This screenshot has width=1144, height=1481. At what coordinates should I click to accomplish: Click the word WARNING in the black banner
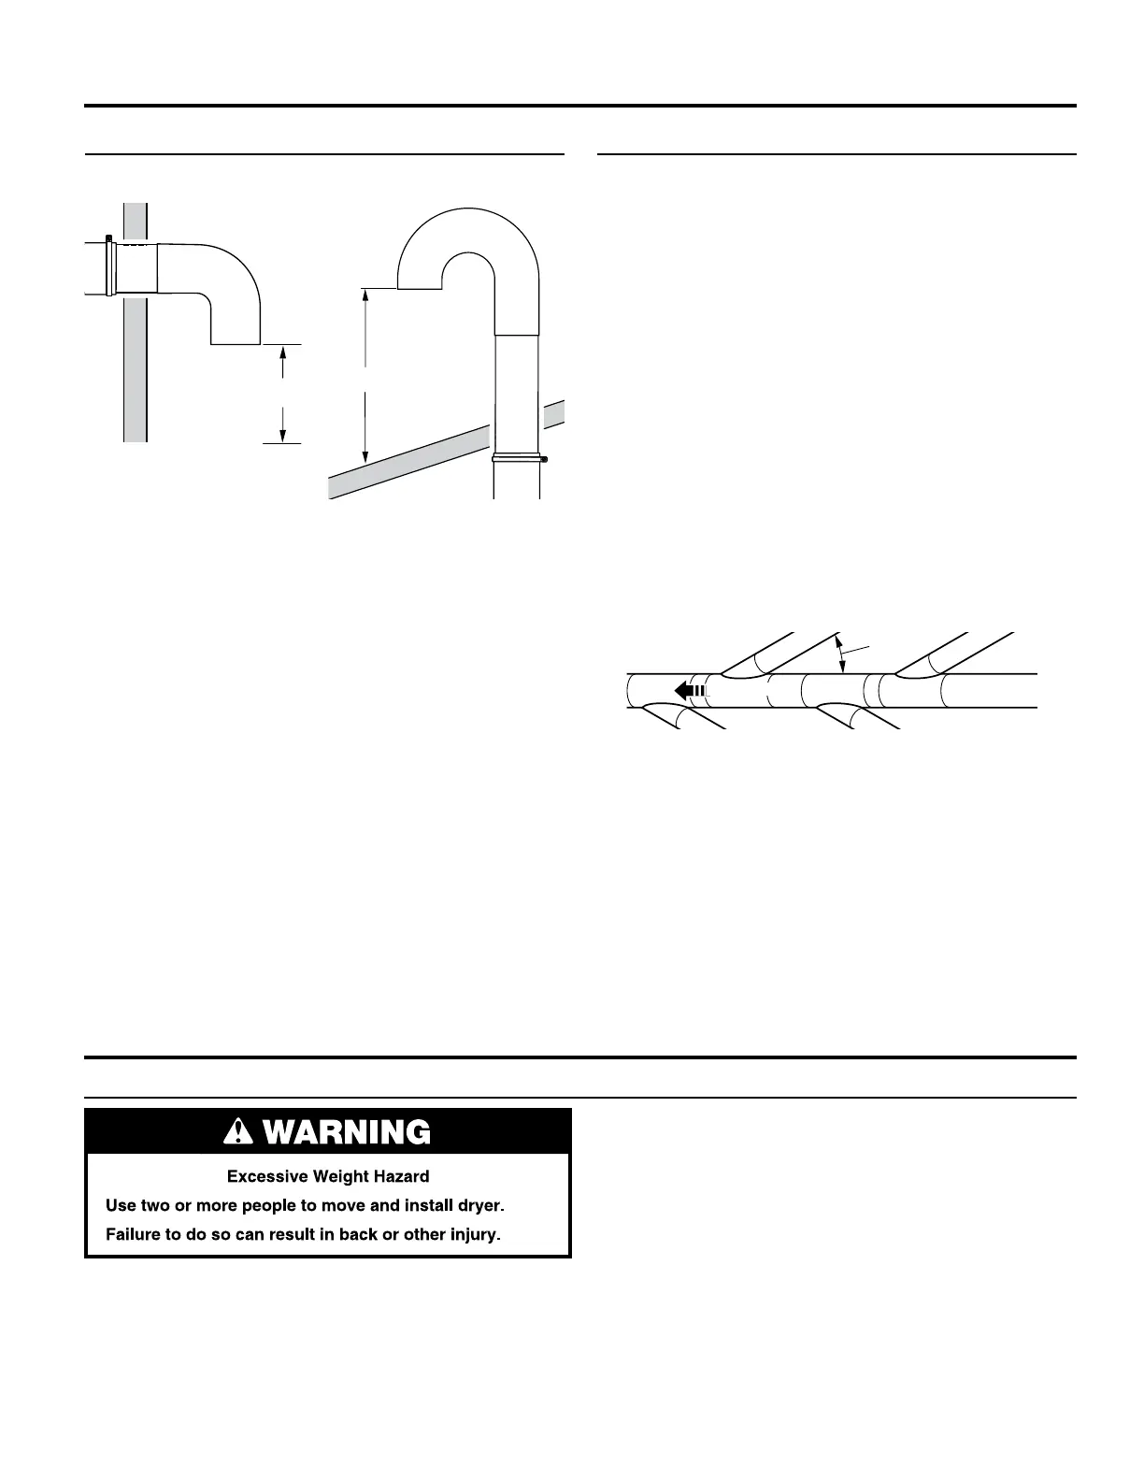coord(348,1132)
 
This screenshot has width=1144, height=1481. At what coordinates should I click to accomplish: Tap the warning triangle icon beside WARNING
coord(240,1132)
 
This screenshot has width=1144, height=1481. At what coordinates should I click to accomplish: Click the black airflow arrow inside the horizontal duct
coord(687,691)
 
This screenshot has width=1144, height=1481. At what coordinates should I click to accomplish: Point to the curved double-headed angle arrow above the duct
coord(842,654)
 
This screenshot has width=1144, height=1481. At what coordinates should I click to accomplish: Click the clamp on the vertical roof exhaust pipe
coord(519,458)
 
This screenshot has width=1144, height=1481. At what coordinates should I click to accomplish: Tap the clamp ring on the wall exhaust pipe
coord(111,267)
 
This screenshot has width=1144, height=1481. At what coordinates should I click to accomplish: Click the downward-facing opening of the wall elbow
coord(236,343)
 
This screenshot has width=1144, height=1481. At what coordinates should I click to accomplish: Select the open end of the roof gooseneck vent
coord(420,288)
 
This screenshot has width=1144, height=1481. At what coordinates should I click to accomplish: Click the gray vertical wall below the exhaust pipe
coord(136,374)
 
